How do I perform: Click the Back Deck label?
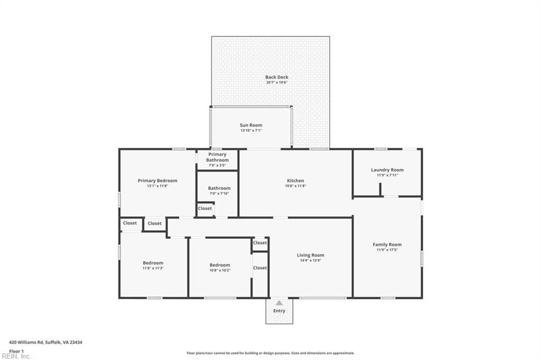click(277, 77)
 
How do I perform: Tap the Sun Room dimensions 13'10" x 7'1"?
click(251, 130)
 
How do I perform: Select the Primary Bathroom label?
click(217, 157)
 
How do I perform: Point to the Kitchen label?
click(295, 181)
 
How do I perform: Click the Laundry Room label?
click(387, 170)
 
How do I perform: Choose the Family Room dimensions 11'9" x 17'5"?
click(387, 250)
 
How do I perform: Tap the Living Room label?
click(310, 255)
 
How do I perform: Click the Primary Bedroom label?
click(157, 181)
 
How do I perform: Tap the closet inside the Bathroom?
click(205, 209)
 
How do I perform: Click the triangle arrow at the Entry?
click(279, 303)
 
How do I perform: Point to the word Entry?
click(279, 311)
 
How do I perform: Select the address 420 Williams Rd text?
click(46, 343)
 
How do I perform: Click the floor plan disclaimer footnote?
click(270, 353)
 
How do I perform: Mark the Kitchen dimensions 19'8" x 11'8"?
click(295, 186)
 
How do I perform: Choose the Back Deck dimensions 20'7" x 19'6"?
click(277, 82)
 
